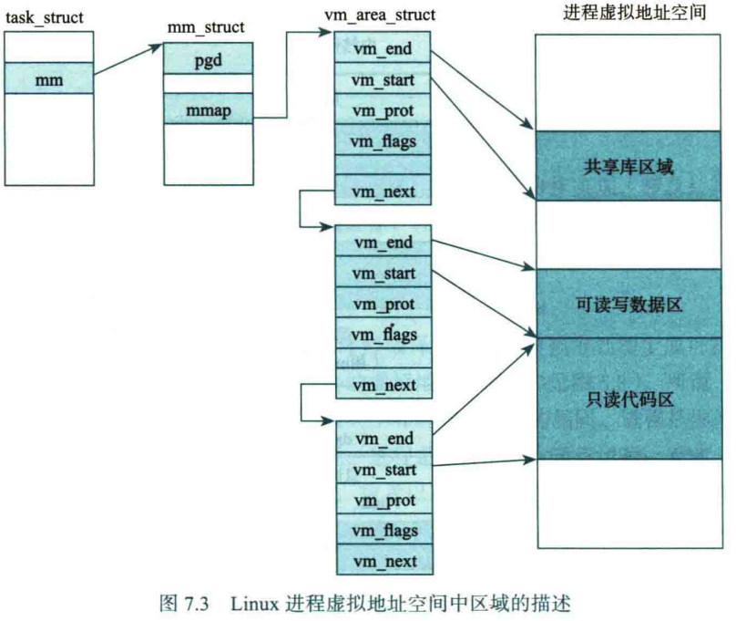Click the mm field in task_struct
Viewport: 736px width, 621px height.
pos(48,78)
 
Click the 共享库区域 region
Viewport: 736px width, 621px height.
pos(625,166)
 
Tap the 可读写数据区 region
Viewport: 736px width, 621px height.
pos(625,304)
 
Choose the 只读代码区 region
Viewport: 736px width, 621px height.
pos(625,398)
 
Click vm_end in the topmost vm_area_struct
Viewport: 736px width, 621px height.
pos(384,49)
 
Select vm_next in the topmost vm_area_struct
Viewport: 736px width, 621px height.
pos(384,191)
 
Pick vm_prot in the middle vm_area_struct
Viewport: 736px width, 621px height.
pos(384,303)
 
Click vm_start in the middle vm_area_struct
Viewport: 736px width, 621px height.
pos(384,273)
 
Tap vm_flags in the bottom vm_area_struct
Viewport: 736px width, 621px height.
pos(384,530)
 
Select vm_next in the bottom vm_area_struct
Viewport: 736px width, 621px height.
pos(384,559)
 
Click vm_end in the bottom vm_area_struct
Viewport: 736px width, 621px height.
pos(384,439)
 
